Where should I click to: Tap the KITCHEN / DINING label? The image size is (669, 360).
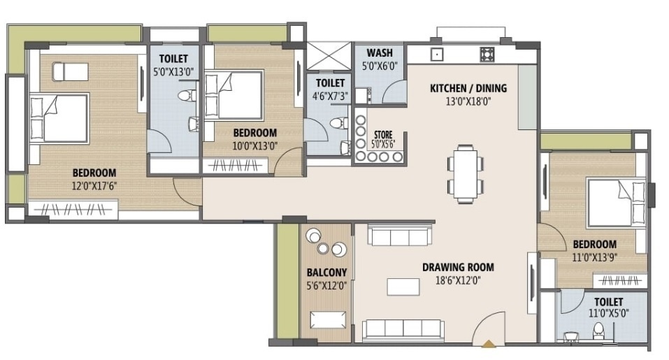[x=468, y=89]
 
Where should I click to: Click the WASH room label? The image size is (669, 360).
[x=379, y=53]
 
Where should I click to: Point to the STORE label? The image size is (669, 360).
[x=383, y=134]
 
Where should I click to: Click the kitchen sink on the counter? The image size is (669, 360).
[x=437, y=54]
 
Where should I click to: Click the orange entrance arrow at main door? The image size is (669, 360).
[x=488, y=343]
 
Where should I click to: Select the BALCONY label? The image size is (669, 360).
[x=326, y=272]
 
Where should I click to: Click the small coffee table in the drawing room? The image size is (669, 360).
[x=400, y=286]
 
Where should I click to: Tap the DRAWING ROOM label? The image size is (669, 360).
[x=458, y=267]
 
